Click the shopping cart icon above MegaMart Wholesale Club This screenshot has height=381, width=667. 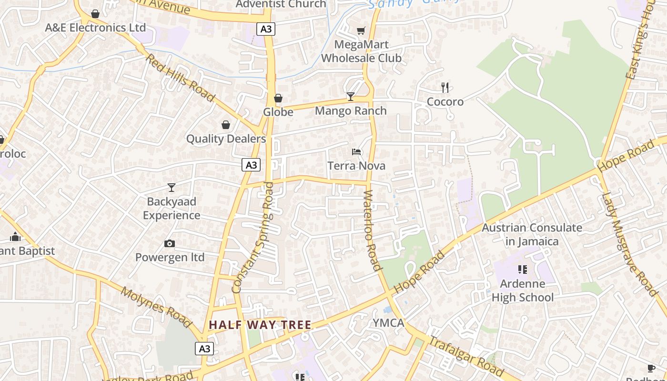coord(361,31)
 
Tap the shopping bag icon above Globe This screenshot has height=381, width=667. coord(278,98)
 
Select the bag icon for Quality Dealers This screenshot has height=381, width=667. coord(226,125)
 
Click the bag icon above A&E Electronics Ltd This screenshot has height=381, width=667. coord(95,14)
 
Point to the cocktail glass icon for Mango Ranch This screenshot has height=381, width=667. coord(351,97)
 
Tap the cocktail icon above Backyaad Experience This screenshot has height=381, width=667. coord(172,188)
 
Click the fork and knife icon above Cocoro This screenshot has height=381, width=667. coord(445,88)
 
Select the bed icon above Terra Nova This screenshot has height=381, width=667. coord(356,152)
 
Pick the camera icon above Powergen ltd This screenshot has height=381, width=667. coord(170,244)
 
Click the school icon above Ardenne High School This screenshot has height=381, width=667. coord(523,270)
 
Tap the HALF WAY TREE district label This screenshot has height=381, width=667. coord(260,325)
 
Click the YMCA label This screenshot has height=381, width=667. coord(388,323)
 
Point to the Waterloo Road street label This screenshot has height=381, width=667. coord(373,231)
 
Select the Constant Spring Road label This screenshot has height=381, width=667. coord(252,237)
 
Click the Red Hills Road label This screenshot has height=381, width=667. coord(180,77)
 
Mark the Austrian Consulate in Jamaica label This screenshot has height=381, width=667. coord(532,234)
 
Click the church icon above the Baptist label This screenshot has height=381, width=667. coord(15,237)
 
